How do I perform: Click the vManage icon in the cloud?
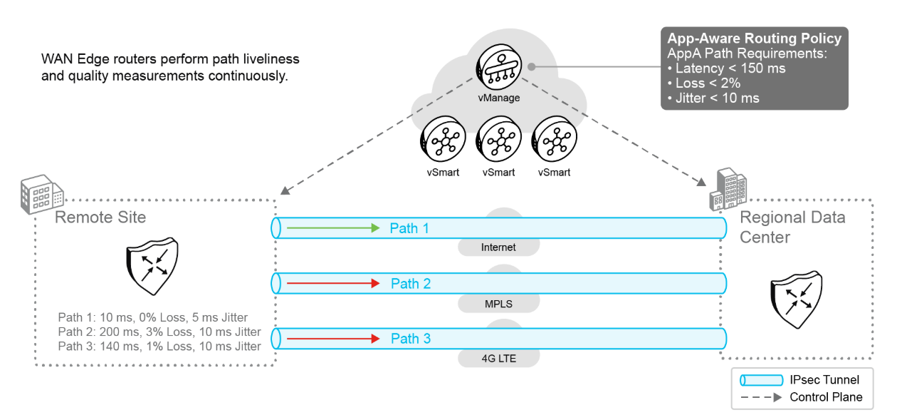point(496,68)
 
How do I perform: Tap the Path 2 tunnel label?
point(411,284)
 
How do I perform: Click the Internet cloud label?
point(498,247)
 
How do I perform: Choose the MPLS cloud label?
point(498,303)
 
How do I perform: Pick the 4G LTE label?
point(498,359)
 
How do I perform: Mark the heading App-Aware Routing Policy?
point(754,39)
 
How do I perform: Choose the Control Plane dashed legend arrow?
point(761,397)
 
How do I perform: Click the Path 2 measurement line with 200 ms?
point(159,332)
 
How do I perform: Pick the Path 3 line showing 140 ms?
point(159,347)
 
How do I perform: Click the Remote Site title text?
point(100,217)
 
